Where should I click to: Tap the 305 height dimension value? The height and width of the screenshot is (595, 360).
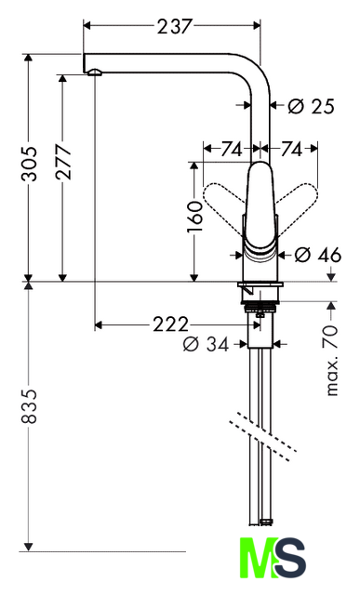click(x=29, y=164)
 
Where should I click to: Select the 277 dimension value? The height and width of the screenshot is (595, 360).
click(x=63, y=161)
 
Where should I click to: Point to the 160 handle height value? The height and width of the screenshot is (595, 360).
click(x=194, y=217)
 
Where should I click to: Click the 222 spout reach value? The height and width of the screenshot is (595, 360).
click(x=171, y=324)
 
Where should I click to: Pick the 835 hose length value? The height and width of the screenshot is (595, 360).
click(x=29, y=406)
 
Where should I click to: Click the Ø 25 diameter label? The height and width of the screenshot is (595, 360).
click(x=311, y=106)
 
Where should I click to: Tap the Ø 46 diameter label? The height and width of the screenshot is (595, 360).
click(x=318, y=255)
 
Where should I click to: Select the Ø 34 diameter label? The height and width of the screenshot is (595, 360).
click(x=207, y=345)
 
